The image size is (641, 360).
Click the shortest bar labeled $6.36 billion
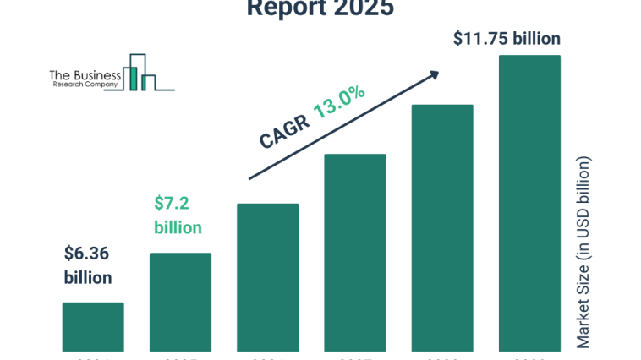coord(93,326)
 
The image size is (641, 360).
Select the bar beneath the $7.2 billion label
coord(180,302)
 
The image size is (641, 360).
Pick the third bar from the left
coord(267,277)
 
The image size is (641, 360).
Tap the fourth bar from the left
coord(355,252)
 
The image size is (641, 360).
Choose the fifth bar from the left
coord(442,227)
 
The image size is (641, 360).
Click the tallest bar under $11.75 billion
coord(529,203)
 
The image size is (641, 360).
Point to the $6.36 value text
coord(87,253)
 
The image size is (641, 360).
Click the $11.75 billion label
coord(507,38)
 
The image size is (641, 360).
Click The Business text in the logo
coord(85,76)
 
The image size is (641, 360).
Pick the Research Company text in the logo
coord(85,85)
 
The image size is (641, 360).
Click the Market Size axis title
coord(583,253)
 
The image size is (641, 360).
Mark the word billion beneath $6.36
coord(88,277)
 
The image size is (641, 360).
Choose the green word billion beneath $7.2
coord(178,227)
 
